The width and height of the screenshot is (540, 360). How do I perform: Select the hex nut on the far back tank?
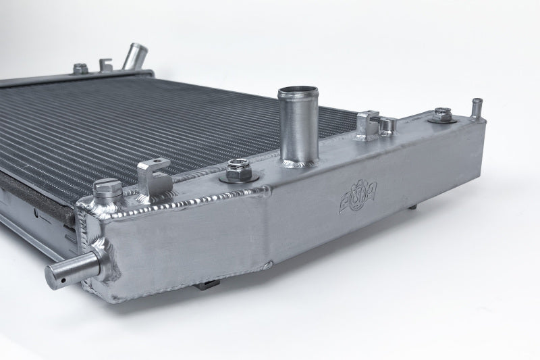tap(80, 68)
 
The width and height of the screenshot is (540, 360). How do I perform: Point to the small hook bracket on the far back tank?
tap(106, 66)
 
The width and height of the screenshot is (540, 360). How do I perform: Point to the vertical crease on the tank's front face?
tap(270, 230)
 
